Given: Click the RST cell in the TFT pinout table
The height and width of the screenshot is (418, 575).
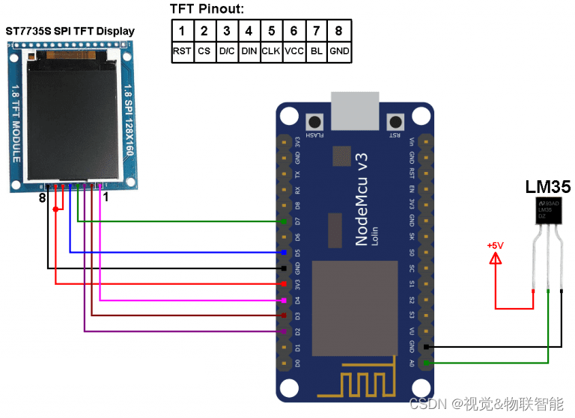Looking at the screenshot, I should click(x=182, y=52).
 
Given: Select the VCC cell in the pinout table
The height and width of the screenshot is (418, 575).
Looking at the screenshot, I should click(x=293, y=52).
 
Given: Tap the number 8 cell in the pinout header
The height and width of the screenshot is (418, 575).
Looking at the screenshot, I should click(x=339, y=31).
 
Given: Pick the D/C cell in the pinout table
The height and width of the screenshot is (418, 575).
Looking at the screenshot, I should click(x=227, y=52).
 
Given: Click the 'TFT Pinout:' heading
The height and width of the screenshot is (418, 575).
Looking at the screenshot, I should click(x=207, y=9).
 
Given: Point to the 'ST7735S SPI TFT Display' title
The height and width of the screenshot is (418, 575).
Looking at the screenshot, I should click(x=70, y=31).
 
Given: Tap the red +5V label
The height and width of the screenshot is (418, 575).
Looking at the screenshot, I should click(x=495, y=245).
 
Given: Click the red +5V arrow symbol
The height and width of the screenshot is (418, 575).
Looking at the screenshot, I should click(x=495, y=260).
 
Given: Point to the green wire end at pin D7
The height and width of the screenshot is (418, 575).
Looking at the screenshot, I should click(x=283, y=221).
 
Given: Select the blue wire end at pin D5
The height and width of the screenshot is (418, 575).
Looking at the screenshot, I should click(x=283, y=253).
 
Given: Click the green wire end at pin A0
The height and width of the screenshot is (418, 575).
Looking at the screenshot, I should click(x=426, y=363).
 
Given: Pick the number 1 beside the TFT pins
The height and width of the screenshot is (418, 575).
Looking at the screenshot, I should click(x=106, y=197).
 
